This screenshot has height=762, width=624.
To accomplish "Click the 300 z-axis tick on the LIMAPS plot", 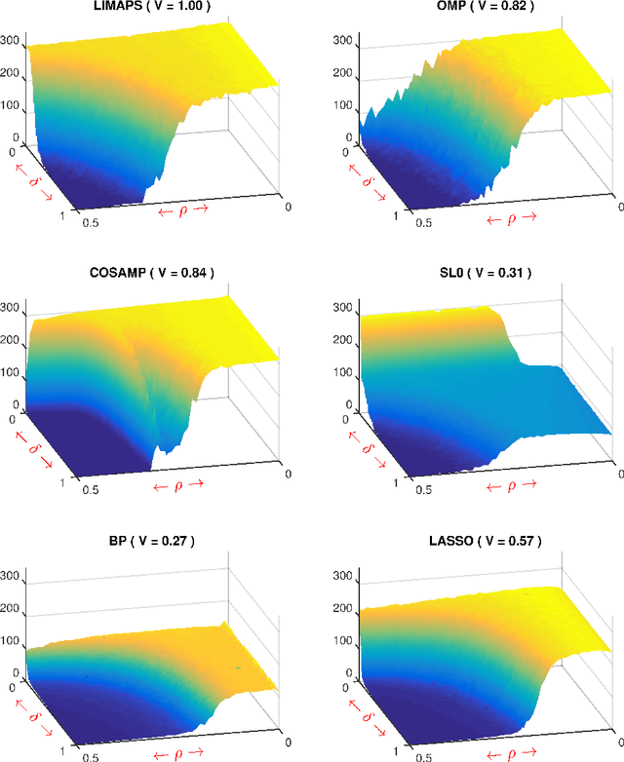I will (14, 42).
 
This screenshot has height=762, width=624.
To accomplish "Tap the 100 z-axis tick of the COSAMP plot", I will (14, 371).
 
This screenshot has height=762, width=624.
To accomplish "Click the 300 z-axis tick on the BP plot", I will (14, 574).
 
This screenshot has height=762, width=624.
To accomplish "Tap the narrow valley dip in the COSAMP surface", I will (168, 443).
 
